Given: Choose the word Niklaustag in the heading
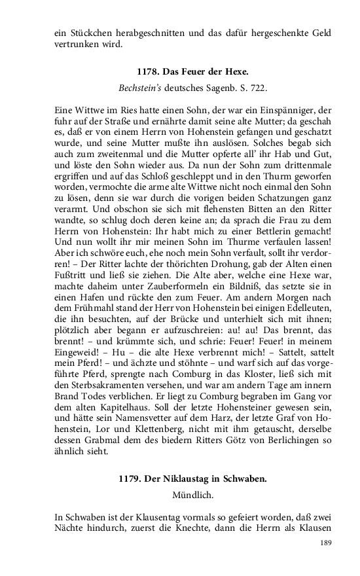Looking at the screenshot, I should pyautogui.click(x=188, y=478).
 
